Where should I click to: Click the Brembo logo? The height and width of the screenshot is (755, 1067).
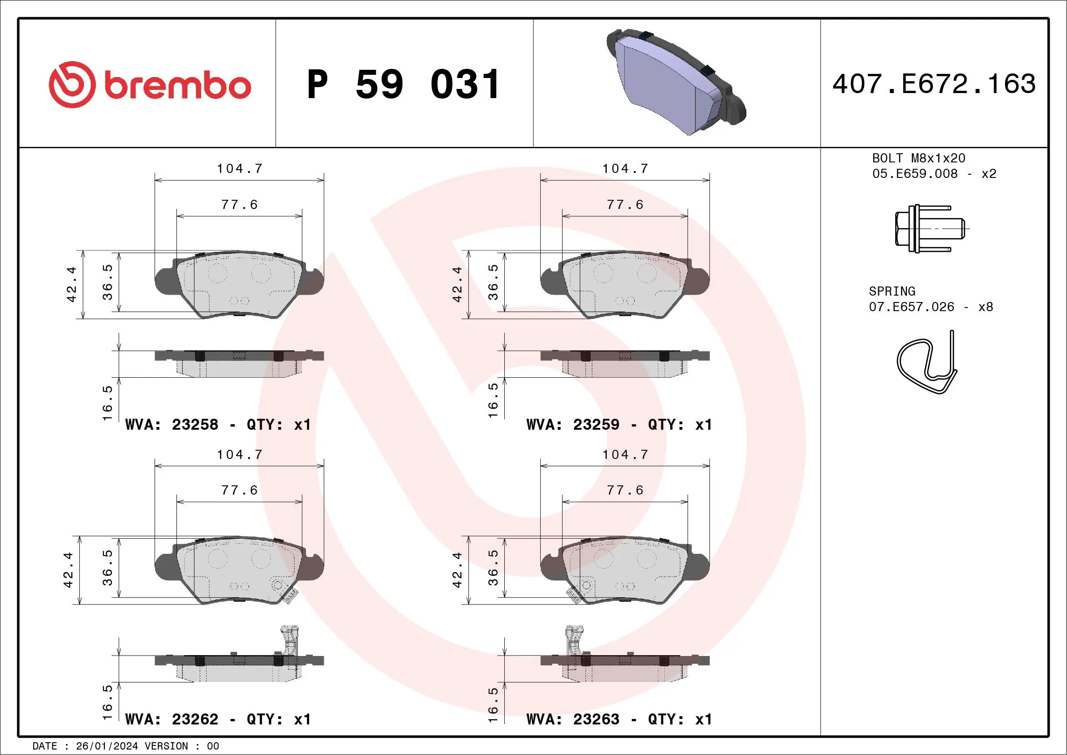pyautogui.click(x=150, y=84)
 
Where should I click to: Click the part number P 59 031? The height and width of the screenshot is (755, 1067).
pyautogui.click(x=404, y=84)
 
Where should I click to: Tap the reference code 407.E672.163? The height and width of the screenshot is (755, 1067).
pyautogui.click(x=934, y=84)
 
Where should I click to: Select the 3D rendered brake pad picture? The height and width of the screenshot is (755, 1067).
pyautogui.click(x=676, y=82)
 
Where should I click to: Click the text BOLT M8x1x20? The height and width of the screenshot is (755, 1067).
pyautogui.click(x=918, y=158)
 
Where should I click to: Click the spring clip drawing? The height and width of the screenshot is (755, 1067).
pyautogui.click(x=927, y=362)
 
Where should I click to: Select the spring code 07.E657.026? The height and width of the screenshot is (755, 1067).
pyautogui.click(x=912, y=307)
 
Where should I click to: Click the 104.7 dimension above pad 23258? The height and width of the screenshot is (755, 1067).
pyautogui.click(x=240, y=168)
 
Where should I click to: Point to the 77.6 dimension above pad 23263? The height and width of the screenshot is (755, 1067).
pyautogui.click(x=625, y=490)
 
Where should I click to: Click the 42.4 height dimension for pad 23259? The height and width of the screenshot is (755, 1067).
pyautogui.click(x=457, y=284)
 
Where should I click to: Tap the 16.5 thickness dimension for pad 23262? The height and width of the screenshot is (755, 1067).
pyautogui.click(x=107, y=702)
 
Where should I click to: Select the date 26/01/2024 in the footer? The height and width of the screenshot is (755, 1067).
pyautogui.click(x=107, y=746)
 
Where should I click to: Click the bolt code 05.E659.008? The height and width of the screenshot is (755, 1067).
pyautogui.click(x=915, y=173)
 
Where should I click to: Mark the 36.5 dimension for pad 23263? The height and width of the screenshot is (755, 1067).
pyautogui.click(x=493, y=568)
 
